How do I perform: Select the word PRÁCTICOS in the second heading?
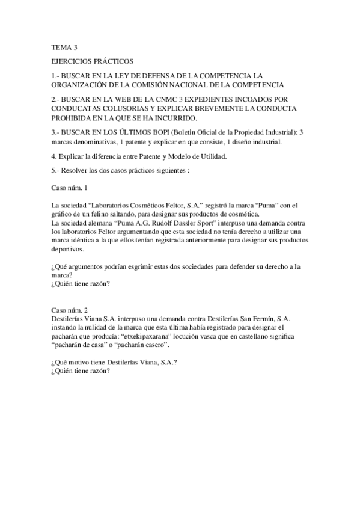click(114, 61)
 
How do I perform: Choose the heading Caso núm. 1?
click(71, 188)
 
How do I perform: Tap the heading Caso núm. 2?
click(71, 310)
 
